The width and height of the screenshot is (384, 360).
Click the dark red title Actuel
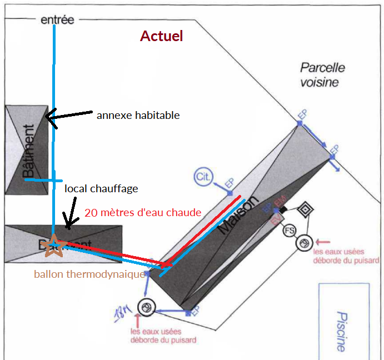coord(161,37)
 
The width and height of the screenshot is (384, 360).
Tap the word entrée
coord(57,21)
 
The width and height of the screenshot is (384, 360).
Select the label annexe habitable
coord(138,116)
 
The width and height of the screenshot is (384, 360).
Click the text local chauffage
coord(101,189)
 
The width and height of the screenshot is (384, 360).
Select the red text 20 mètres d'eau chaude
coord(143,212)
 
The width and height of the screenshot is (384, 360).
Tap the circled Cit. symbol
coord(203,177)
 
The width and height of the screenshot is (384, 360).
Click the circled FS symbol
coord(290,231)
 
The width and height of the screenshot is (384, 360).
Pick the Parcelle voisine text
coord(322,75)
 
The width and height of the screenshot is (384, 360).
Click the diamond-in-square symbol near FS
coord(306,211)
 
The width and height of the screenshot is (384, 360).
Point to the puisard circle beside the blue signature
coord(147,307)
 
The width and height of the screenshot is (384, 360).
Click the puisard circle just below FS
coord(303,243)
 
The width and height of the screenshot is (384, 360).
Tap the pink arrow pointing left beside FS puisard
coord(323,242)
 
